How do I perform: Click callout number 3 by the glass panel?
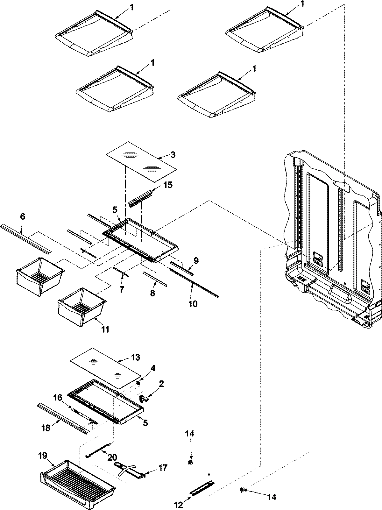point(173,155)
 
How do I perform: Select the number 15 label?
point(168,185)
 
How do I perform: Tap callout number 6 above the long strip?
point(22,216)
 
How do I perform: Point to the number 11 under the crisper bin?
point(105,329)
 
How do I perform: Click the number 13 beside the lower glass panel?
point(135,357)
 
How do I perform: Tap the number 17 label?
point(162,468)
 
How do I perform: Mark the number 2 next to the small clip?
point(161,384)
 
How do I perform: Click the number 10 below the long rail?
point(193,304)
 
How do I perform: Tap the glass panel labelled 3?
point(141,162)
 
